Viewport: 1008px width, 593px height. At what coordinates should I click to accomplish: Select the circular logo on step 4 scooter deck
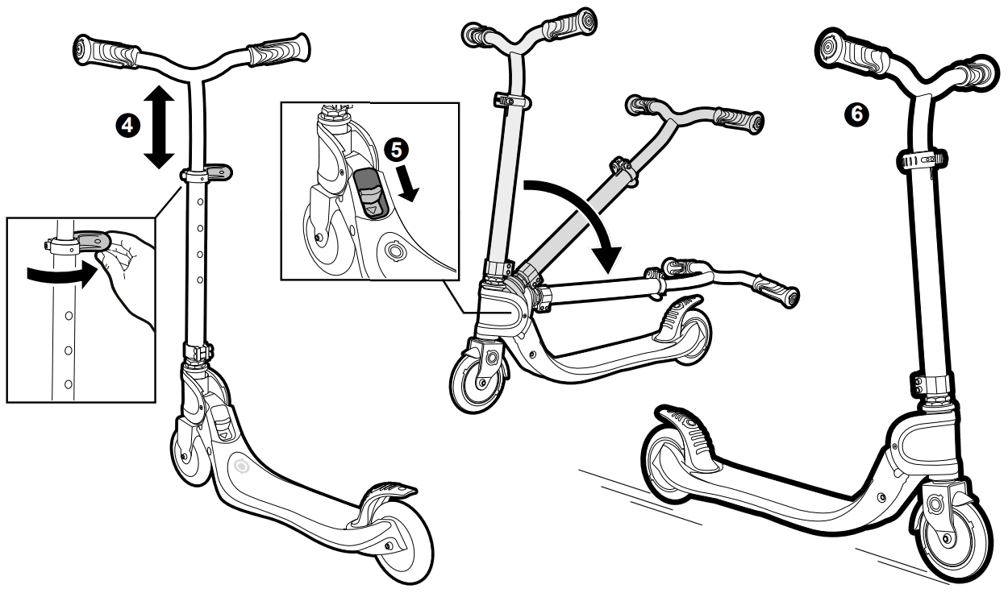(x=240, y=466)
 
